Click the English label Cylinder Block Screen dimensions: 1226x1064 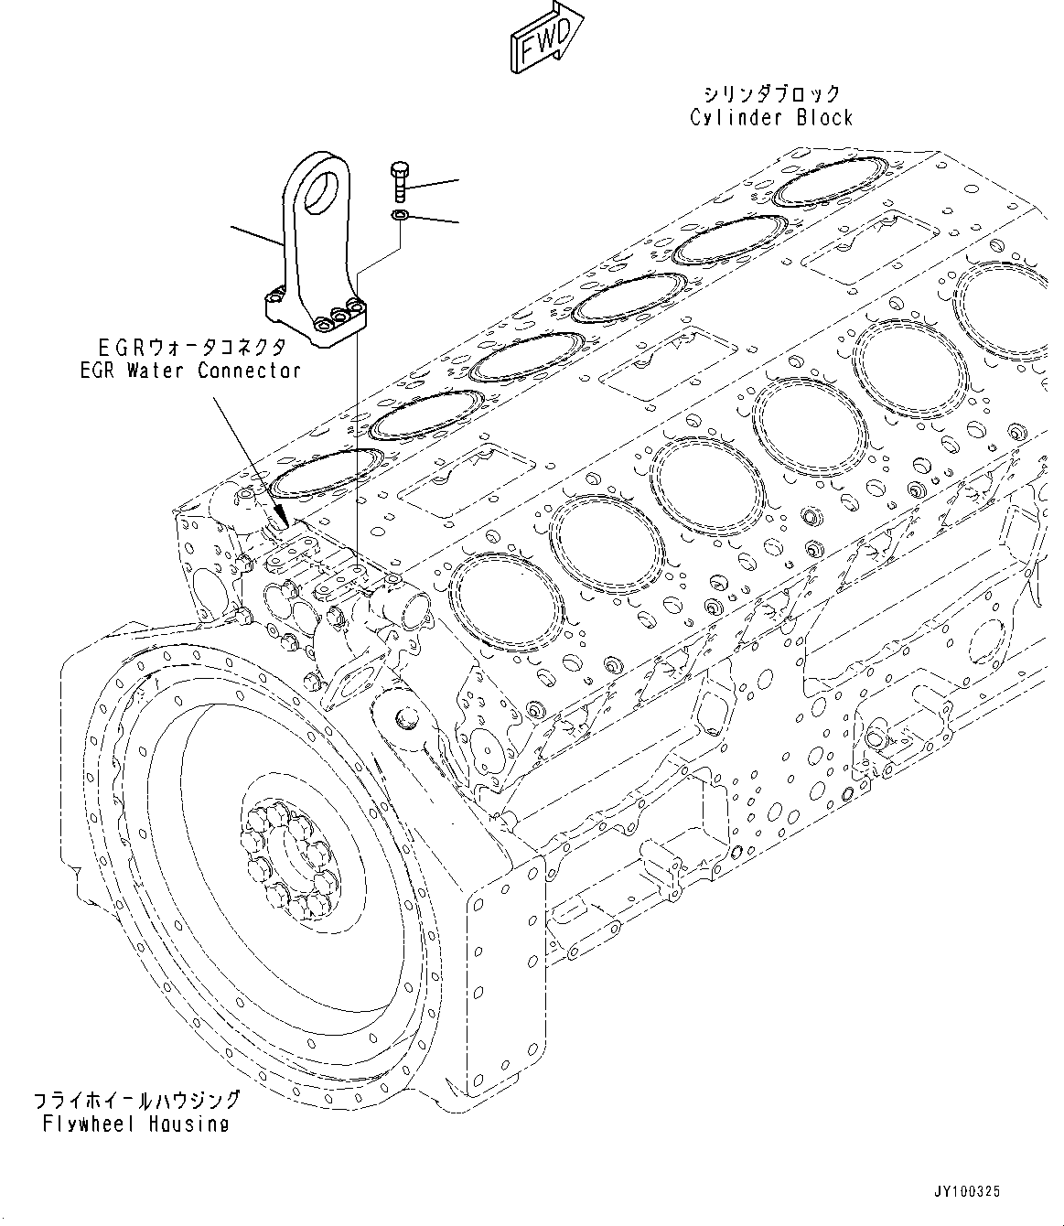pos(770,117)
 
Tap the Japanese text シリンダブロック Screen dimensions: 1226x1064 pos(770,93)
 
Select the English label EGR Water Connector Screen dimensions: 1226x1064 pos(189,371)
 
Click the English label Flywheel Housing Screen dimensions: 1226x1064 pos(135,1124)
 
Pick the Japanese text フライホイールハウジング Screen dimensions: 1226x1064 pos(135,1100)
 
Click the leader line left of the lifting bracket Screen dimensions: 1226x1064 pos(255,236)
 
